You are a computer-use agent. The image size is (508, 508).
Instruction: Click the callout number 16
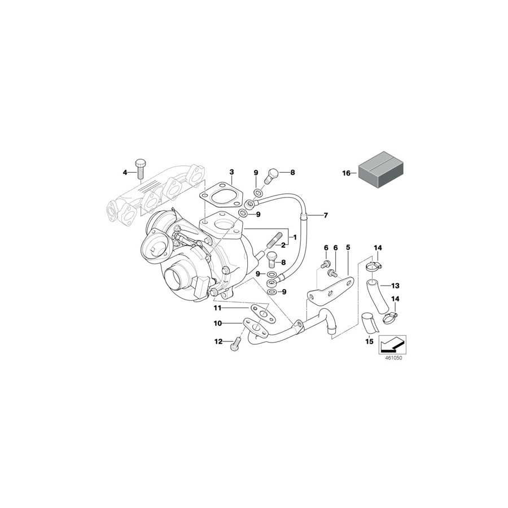click(x=347, y=173)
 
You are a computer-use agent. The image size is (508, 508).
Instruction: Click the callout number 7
click(x=325, y=216)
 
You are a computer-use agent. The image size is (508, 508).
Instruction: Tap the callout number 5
click(x=348, y=248)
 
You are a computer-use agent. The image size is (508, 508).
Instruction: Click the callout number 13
click(x=395, y=285)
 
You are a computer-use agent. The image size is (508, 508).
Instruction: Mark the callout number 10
click(x=217, y=323)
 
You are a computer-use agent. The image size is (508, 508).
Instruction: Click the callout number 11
click(x=217, y=308)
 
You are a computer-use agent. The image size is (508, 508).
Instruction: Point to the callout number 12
click(x=217, y=341)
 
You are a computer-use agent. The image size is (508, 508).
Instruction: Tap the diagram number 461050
click(x=392, y=357)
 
